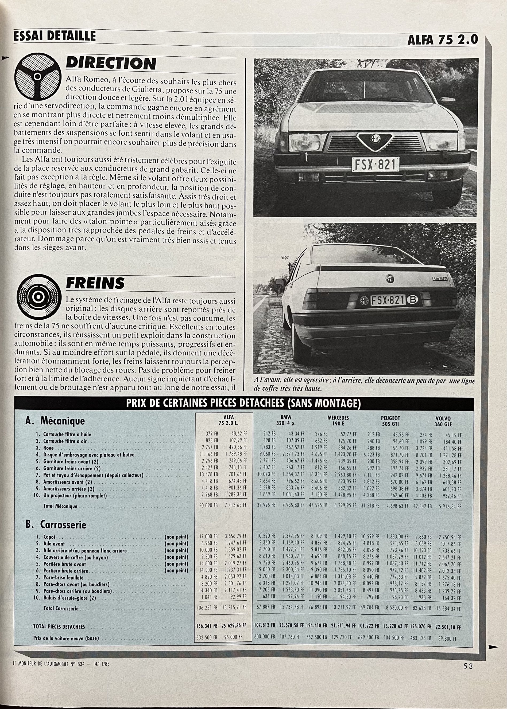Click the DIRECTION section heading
point(111,64)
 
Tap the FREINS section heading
point(95,283)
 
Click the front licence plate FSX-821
point(376,164)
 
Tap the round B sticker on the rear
point(412,300)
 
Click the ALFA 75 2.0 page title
point(442,40)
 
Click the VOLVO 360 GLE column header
point(443,421)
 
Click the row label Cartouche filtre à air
point(65,441)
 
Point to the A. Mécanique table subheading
point(55,421)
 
